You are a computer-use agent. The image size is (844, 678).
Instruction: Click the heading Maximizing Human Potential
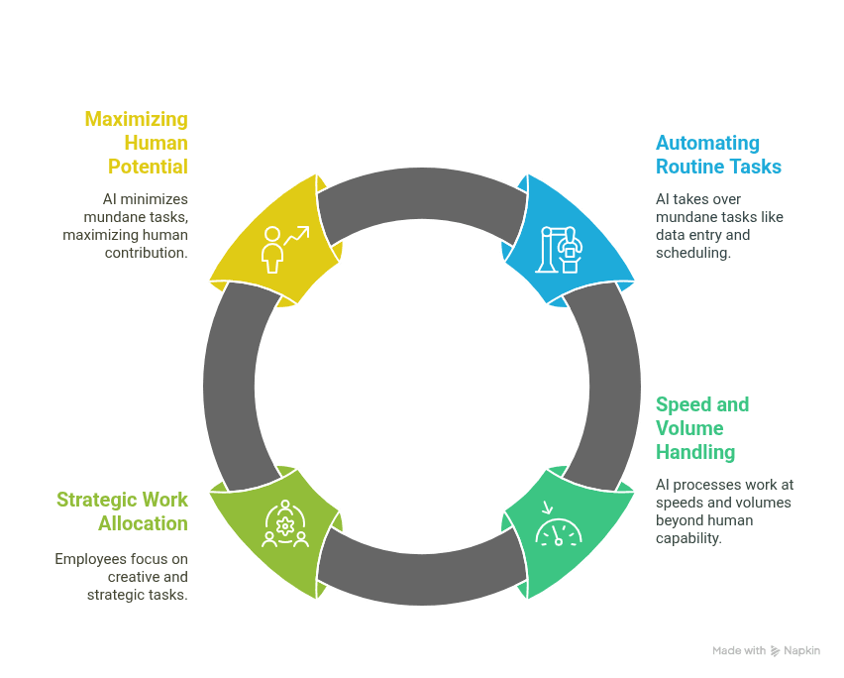click(x=136, y=143)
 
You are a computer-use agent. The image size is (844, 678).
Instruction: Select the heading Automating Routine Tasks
click(x=718, y=155)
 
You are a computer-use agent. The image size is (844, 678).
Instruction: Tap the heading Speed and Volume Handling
click(x=702, y=428)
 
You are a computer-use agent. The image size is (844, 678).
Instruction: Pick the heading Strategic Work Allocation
click(x=122, y=511)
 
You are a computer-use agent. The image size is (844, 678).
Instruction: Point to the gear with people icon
click(x=285, y=523)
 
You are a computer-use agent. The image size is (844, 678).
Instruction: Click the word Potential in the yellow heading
click(x=148, y=167)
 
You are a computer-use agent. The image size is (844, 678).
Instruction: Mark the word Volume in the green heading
click(x=688, y=428)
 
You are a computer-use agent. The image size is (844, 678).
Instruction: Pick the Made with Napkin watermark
click(x=766, y=650)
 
